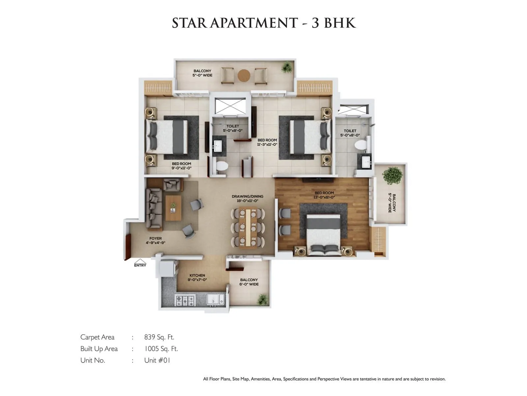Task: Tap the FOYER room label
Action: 155,240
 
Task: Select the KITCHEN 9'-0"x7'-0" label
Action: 197,278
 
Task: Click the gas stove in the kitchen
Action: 185,301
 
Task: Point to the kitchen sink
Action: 216,300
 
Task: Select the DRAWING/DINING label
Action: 247,198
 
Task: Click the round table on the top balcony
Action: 244,76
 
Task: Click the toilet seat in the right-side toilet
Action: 361,145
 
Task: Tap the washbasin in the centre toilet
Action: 218,145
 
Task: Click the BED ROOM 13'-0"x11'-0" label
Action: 324,195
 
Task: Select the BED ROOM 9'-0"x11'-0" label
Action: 181,166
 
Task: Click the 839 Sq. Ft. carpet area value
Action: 159,337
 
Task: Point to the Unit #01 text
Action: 157,360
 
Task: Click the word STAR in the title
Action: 189,23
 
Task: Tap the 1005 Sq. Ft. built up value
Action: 161,349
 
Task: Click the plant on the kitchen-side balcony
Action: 263,299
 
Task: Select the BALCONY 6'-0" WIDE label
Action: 249,282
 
